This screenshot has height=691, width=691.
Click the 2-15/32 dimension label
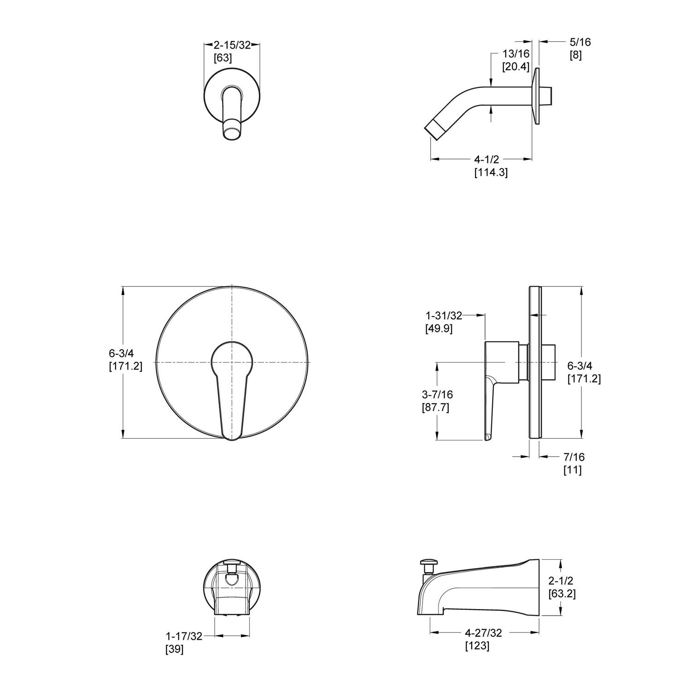click(x=232, y=45)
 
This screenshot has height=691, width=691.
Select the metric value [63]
click(x=223, y=58)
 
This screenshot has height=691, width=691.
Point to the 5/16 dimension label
click(x=580, y=42)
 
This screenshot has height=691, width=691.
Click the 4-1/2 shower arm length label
click(x=487, y=159)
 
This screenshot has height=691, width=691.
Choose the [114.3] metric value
click(x=491, y=173)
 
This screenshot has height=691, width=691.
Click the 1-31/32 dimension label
click(x=444, y=316)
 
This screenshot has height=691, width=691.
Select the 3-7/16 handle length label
click(x=437, y=394)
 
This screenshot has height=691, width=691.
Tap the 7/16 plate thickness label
click(x=574, y=457)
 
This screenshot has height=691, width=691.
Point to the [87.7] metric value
click(x=435, y=408)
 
